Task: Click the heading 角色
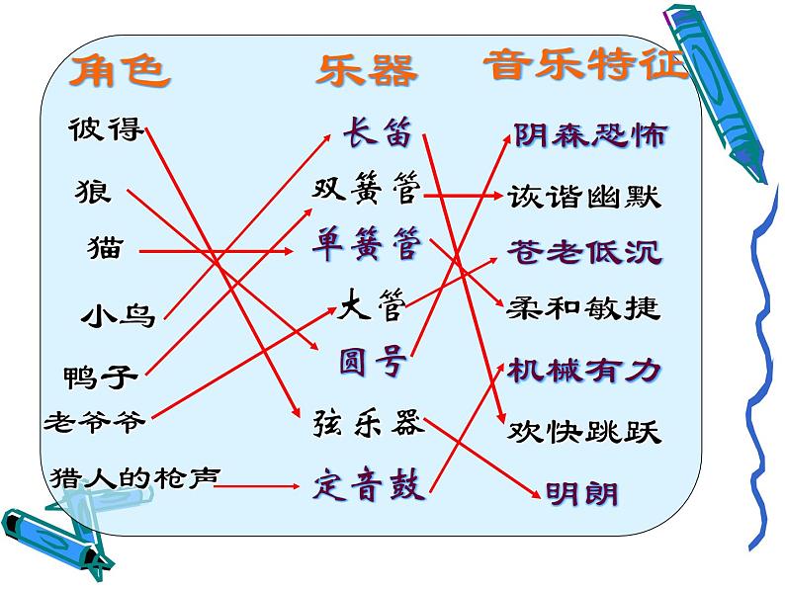click(119, 70)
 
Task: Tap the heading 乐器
click(366, 70)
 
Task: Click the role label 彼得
click(107, 129)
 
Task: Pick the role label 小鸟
click(118, 316)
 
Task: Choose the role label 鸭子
click(99, 377)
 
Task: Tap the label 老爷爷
click(95, 422)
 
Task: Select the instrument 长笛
click(377, 131)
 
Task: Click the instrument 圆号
click(373, 362)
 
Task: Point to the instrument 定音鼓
click(369, 485)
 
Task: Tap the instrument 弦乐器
click(369, 422)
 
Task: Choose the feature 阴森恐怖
click(590, 135)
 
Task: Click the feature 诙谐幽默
click(584, 196)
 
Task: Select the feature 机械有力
click(583, 371)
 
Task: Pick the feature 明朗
click(582, 491)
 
